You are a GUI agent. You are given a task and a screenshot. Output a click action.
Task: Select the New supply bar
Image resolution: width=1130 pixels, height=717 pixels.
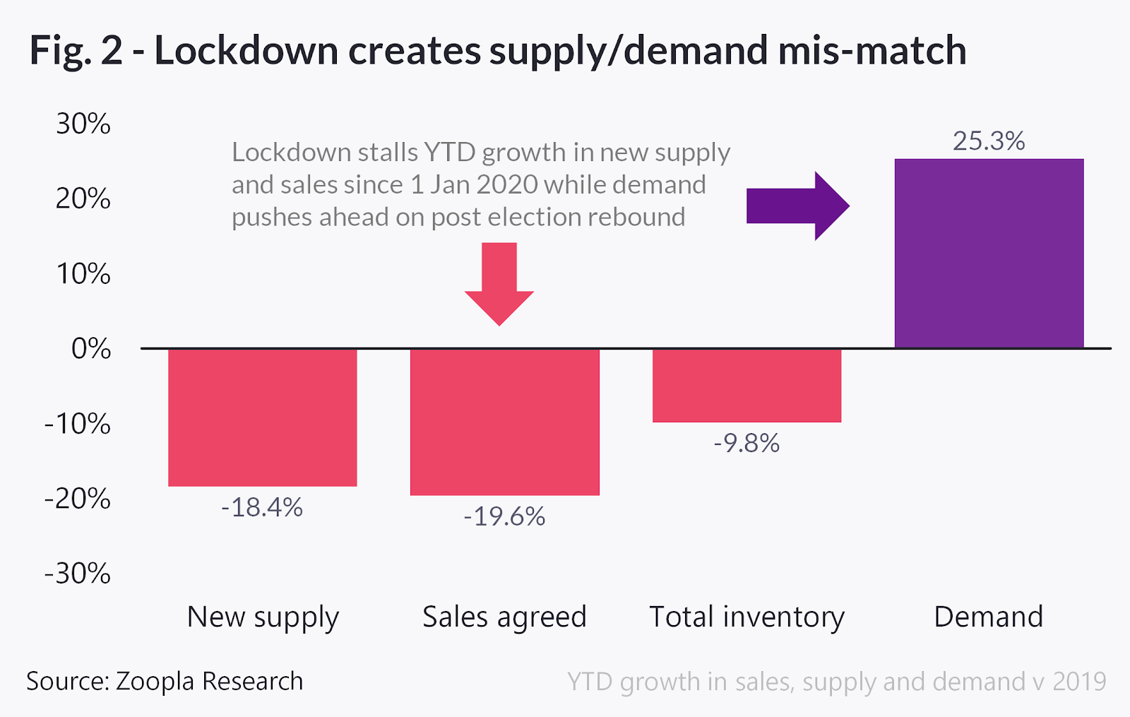(x=262, y=417)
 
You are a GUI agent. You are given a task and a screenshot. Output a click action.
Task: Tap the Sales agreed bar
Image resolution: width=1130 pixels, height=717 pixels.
(x=504, y=422)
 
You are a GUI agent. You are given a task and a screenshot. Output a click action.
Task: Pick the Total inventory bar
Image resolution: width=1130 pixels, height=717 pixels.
(x=747, y=385)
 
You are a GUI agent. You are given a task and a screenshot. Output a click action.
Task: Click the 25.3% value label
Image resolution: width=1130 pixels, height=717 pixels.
(x=989, y=141)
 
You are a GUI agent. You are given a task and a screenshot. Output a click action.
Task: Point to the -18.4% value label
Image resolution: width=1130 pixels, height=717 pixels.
(x=262, y=507)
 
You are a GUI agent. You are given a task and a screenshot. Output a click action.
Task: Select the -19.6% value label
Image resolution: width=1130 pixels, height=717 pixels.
(x=504, y=516)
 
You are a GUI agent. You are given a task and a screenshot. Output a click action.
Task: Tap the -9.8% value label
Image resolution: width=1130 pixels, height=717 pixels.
(x=747, y=443)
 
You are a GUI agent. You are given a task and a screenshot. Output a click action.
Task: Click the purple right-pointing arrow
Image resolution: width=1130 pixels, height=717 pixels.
(x=797, y=206)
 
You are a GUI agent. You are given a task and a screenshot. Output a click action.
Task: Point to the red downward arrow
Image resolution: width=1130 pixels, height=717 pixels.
(x=499, y=283)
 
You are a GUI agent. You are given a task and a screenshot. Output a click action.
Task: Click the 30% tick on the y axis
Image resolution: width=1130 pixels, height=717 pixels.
(x=83, y=124)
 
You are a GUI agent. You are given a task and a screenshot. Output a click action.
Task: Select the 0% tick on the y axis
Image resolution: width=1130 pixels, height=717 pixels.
(x=91, y=349)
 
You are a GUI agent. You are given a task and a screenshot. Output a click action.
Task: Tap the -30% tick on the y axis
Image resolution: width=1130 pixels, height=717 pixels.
(x=78, y=574)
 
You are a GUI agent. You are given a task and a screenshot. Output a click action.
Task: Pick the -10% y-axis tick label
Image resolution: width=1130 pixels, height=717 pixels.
(x=78, y=424)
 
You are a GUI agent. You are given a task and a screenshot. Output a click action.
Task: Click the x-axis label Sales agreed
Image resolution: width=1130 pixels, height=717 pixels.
(x=504, y=617)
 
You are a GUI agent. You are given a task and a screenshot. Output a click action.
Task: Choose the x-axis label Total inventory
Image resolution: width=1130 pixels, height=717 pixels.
(x=747, y=617)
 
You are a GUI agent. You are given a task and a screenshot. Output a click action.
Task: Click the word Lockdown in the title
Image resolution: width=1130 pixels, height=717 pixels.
(x=246, y=51)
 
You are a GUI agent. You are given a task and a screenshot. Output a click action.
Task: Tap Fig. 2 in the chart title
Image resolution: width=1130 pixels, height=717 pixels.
(x=76, y=51)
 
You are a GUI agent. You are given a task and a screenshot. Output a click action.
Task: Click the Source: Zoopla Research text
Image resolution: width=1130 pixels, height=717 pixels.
(x=165, y=682)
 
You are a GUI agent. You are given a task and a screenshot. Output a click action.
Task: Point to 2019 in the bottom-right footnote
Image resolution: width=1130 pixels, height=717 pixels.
(x=1079, y=682)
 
